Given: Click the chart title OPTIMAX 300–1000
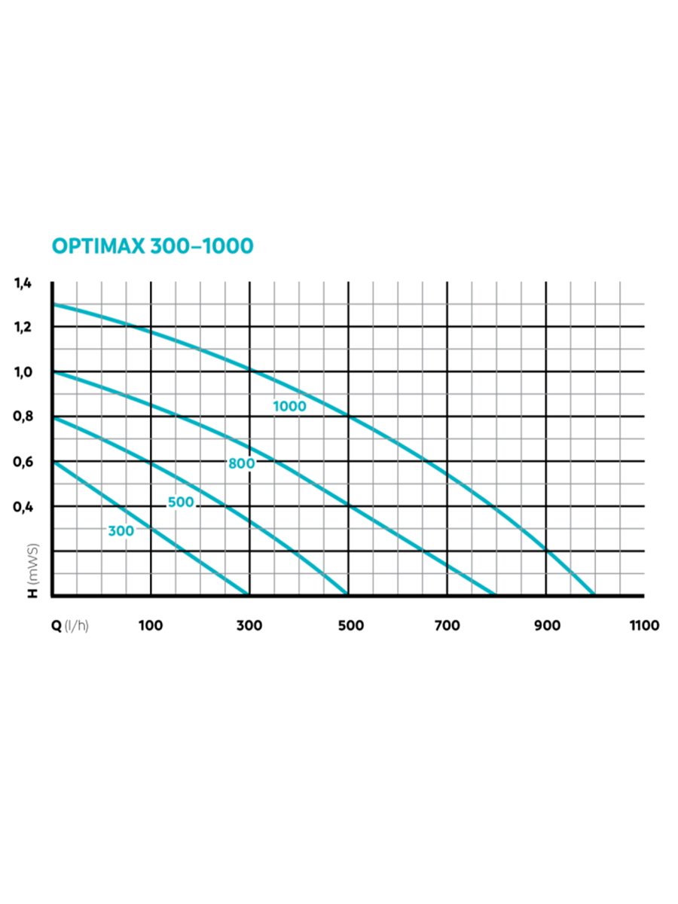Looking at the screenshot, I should point(152,246).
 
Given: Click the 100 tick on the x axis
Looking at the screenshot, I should point(151,625).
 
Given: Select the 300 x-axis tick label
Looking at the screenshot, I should point(250,625).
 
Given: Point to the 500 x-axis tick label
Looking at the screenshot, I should point(350,625).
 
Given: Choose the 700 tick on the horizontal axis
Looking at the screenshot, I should point(448,625).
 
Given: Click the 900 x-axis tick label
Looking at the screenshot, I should point(547,625).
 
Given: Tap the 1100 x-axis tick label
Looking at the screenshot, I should point(644,625).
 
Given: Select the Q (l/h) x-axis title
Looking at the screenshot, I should point(69,625).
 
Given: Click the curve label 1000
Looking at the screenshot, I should point(289,406).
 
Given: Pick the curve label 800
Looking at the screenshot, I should point(241,463).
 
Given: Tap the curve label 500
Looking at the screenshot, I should point(181,502).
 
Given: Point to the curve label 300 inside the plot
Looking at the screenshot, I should point(121,530).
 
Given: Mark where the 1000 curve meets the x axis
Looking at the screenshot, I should point(596,595).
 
